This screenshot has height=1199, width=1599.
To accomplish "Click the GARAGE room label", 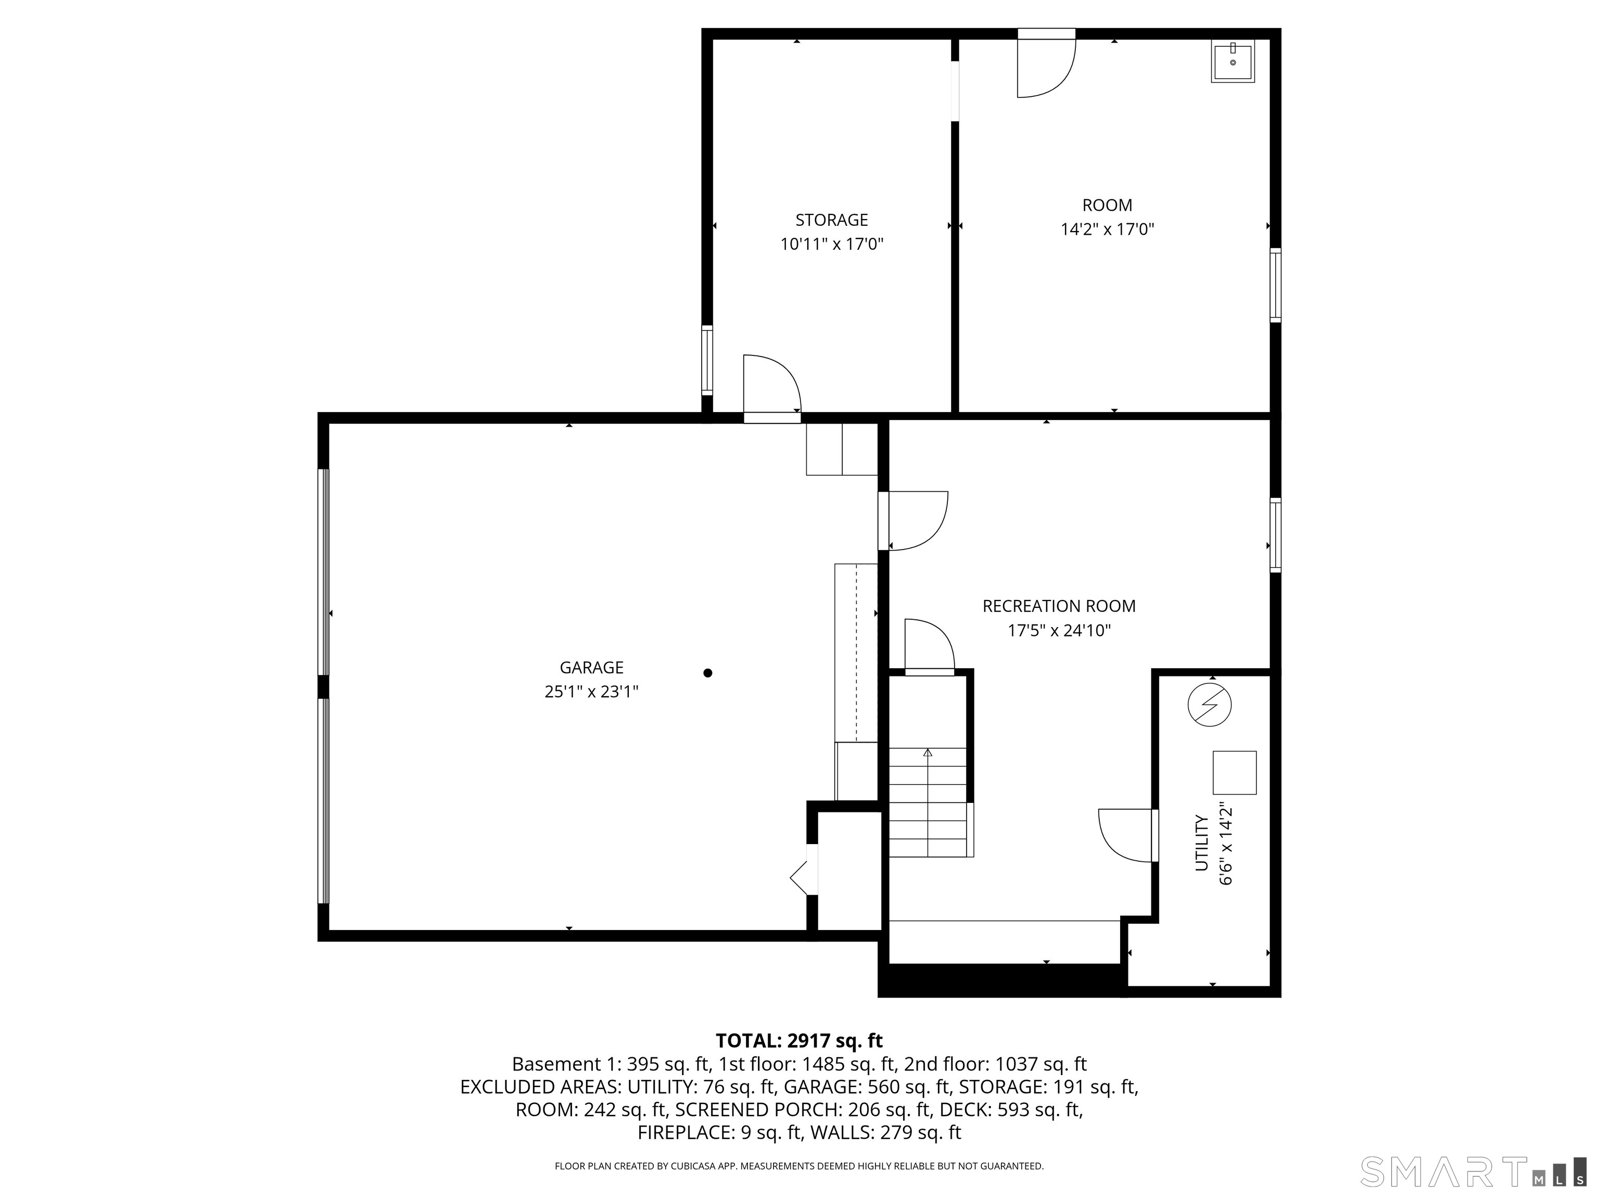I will (x=591, y=667).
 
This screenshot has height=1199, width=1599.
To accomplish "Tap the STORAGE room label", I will (x=831, y=220).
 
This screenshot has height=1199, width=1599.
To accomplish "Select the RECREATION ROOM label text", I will (x=1058, y=606).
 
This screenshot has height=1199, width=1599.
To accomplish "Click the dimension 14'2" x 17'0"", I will (x=1107, y=230).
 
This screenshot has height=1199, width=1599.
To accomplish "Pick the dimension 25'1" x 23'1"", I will (x=591, y=692).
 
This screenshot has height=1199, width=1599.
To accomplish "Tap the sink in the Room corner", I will (x=1233, y=61).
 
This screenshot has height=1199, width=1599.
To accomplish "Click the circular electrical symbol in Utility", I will (x=1209, y=705).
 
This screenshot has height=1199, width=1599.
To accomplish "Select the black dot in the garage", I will (x=708, y=673).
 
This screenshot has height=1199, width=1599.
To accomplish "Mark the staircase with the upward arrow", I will (x=928, y=802).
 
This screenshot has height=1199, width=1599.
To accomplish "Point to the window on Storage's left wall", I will (x=707, y=360).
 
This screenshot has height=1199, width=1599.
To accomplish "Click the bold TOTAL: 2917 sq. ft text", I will (x=799, y=1041).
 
